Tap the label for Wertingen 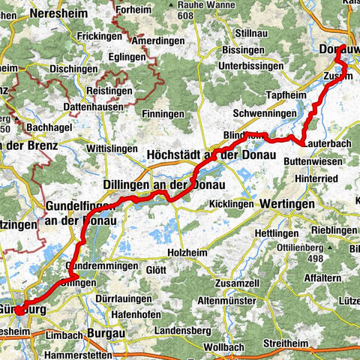[x=286, y=203]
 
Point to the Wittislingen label [x=112, y=149]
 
